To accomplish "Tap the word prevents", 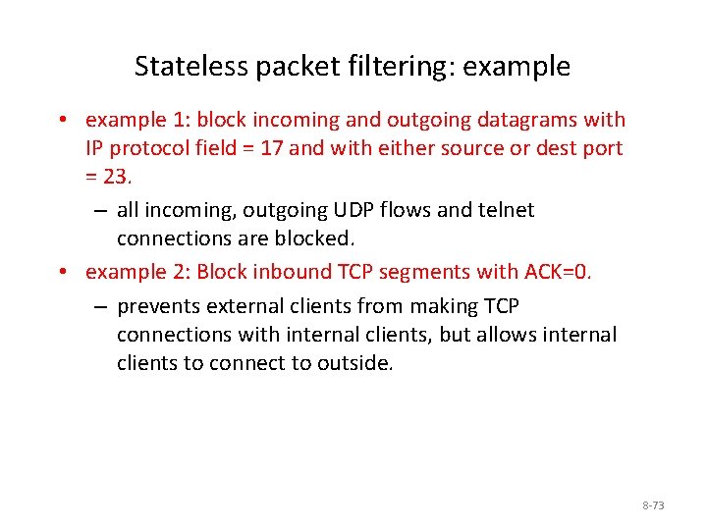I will [156, 307].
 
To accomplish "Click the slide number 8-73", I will [653, 505].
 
